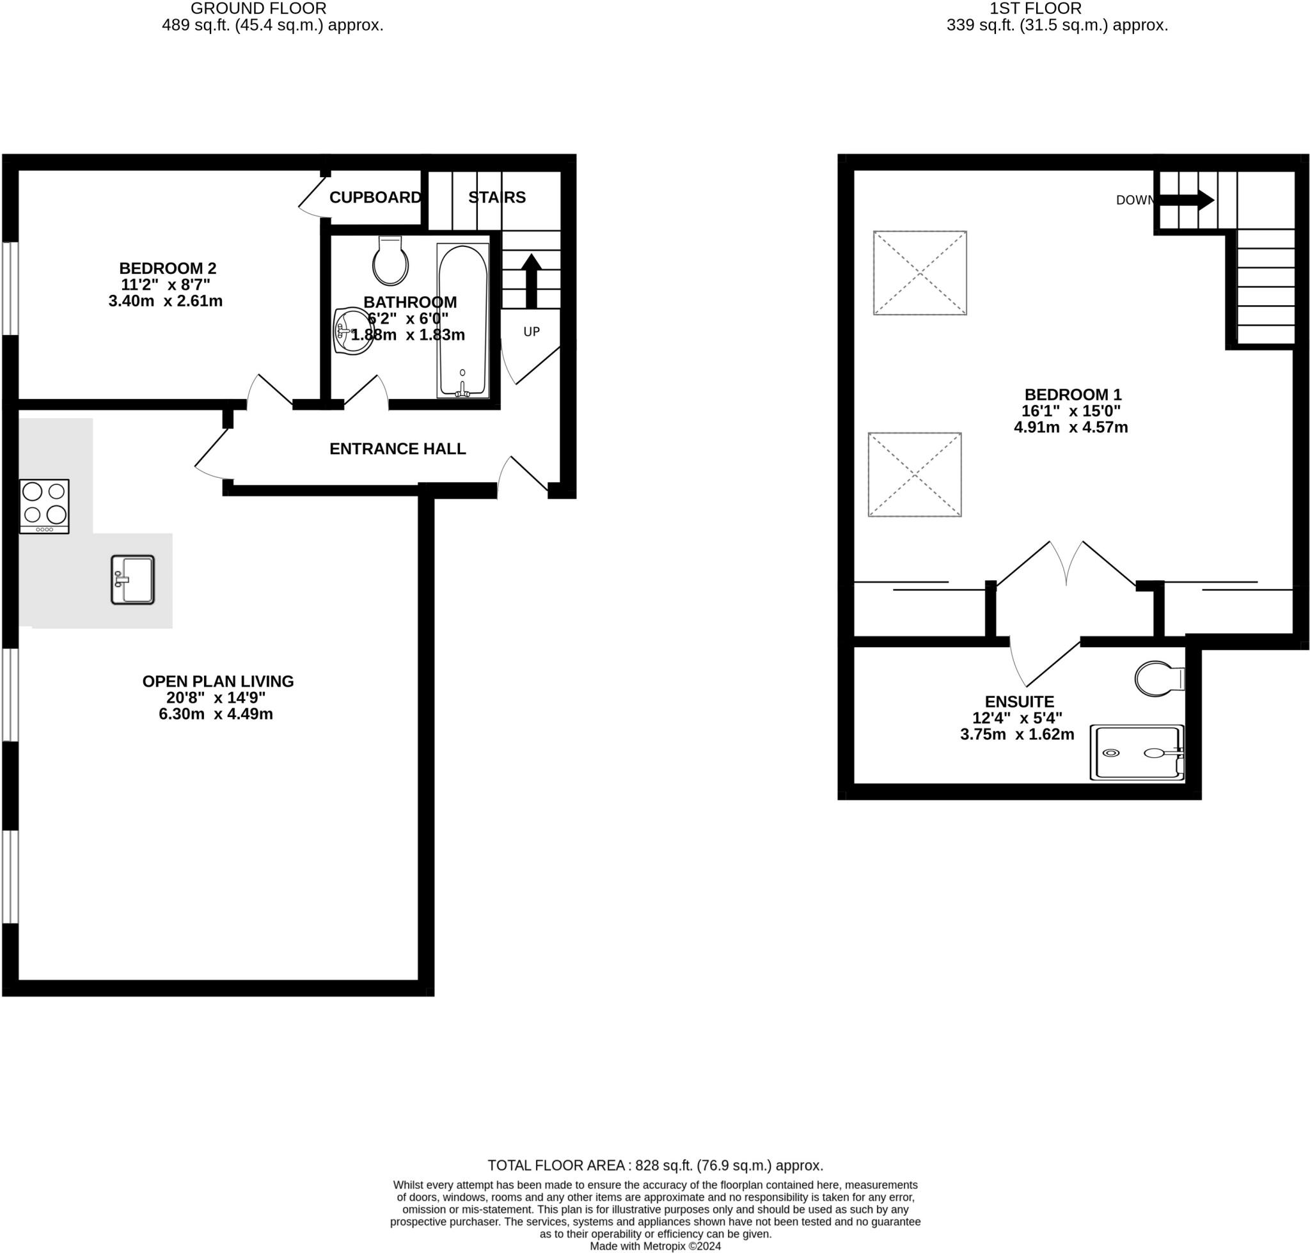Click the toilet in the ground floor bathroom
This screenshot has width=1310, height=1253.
click(x=391, y=261)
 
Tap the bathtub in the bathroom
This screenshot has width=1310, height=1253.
click(x=462, y=320)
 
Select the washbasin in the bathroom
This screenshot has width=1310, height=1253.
click(x=351, y=331)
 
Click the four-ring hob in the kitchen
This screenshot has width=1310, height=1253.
click(x=44, y=505)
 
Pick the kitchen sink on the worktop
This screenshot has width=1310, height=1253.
click(x=133, y=579)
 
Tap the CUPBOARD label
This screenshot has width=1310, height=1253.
click(x=375, y=198)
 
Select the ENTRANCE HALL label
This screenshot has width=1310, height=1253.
click(x=397, y=449)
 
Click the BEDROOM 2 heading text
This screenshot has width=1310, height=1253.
click(x=168, y=269)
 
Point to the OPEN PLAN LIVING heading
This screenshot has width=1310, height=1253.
click(x=217, y=681)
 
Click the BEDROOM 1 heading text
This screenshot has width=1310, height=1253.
click(x=1073, y=395)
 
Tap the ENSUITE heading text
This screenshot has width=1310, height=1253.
click(x=1020, y=702)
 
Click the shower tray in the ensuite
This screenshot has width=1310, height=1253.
click(x=1136, y=753)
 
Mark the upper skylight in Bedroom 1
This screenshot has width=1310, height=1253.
click(x=920, y=273)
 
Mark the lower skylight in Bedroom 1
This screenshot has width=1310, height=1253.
click(x=915, y=475)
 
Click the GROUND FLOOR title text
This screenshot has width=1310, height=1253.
click(x=258, y=9)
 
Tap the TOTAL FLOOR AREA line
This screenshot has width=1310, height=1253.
click(x=654, y=1165)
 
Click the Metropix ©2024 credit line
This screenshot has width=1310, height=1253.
click(x=654, y=1247)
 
